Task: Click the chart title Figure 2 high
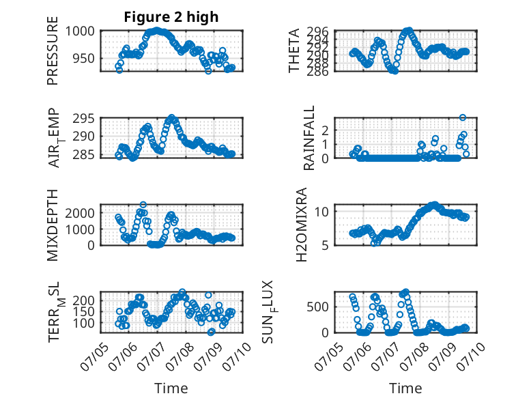pyautogui.click(x=171, y=17)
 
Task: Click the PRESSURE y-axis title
pyautogui.click(x=53, y=51)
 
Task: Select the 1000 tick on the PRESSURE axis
pyautogui.click(x=80, y=31)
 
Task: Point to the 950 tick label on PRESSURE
pyautogui.click(x=84, y=58)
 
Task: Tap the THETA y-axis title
pyautogui.click(x=294, y=51)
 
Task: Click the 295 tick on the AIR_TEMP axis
pyautogui.click(x=84, y=119)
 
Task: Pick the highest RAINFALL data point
pyautogui.click(x=463, y=117)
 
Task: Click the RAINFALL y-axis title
pyautogui.click(x=309, y=138)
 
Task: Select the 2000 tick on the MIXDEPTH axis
pyautogui.click(x=80, y=213)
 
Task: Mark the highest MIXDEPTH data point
pyautogui.click(x=143, y=205)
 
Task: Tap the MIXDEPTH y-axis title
pyautogui.click(x=53, y=225)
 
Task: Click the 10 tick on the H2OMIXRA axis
pyautogui.click(x=321, y=212)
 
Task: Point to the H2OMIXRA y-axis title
pyautogui.click(x=302, y=225)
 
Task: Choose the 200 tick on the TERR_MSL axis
pyautogui.click(x=84, y=300)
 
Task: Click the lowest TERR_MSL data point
pyautogui.click(x=211, y=332)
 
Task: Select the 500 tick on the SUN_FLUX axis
pyautogui.click(x=317, y=307)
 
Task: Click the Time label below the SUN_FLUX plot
pyautogui.click(x=405, y=388)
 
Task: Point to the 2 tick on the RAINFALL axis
pyautogui.click(x=326, y=130)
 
